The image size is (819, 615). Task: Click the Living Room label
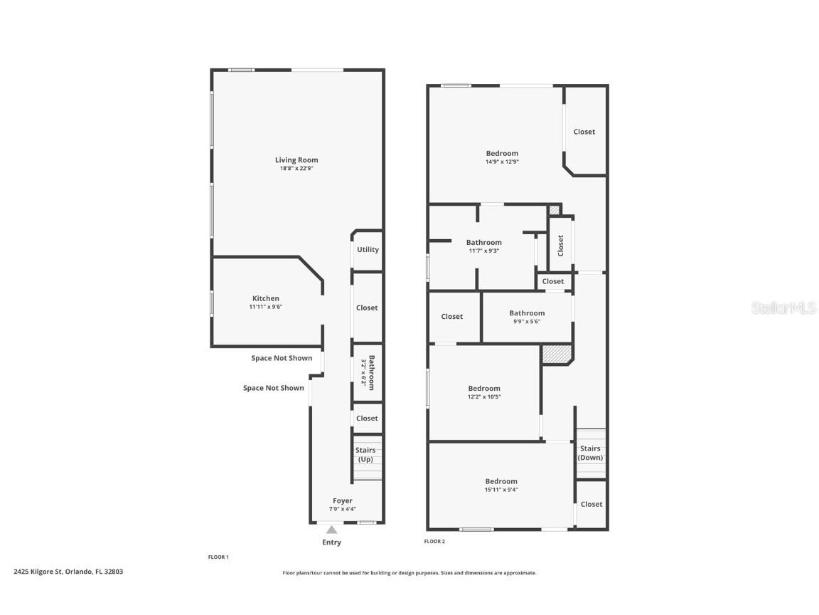pyautogui.click(x=296, y=160)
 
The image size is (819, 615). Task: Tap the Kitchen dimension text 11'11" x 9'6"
pyautogui.click(x=265, y=307)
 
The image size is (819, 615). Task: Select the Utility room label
pyautogui.click(x=368, y=249)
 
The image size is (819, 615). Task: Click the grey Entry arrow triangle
pyautogui.click(x=332, y=530)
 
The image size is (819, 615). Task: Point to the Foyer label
pyautogui.click(x=343, y=500)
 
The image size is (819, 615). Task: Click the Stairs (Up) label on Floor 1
pyautogui.click(x=365, y=454)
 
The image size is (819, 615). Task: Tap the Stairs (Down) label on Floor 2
pyautogui.click(x=590, y=453)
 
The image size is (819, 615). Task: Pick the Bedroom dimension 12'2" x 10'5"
pyautogui.click(x=484, y=397)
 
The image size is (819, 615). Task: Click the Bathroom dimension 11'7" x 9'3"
pyautogui.click(x=483, y=251)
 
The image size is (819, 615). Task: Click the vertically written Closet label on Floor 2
pyautogui.click(x=560, y=246)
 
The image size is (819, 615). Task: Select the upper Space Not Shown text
pyautogui.click(x=282, y=358)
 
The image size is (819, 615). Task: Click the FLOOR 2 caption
pyautogui.click(x=434, y=541)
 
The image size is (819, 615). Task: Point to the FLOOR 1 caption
pyautogui.click(x=218, y=557)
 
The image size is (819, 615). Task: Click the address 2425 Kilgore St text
pyautogui.click(x=38, y=572)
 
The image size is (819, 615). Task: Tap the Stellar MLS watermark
pyautogui.click(x=783, y=307)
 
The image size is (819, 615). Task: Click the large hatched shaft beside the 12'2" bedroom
pyautogui.click(x=557, y=354)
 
